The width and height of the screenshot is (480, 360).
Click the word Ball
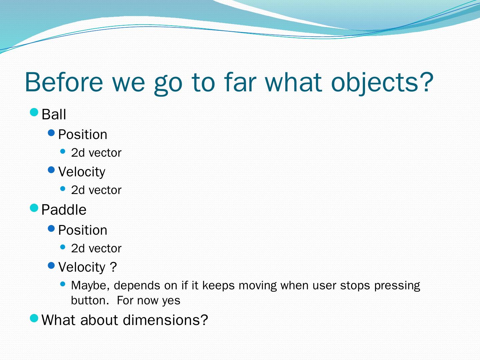click(54, 114)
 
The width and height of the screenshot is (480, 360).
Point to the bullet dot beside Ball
click(34, 112)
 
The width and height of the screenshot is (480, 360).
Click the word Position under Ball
click(83, 134)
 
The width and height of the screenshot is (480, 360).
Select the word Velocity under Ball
click(82, 172)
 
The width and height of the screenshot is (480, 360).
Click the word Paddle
click(64, 210)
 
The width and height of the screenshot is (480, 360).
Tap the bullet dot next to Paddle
click(34, 208)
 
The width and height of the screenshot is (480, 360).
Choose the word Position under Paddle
click(83, 230)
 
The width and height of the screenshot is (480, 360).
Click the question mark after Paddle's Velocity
click(113, 267)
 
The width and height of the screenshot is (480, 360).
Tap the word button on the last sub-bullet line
click(90, 300)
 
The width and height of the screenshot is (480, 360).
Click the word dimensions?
click(165, 320)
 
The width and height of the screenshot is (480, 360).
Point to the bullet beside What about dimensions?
click(34, 318)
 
